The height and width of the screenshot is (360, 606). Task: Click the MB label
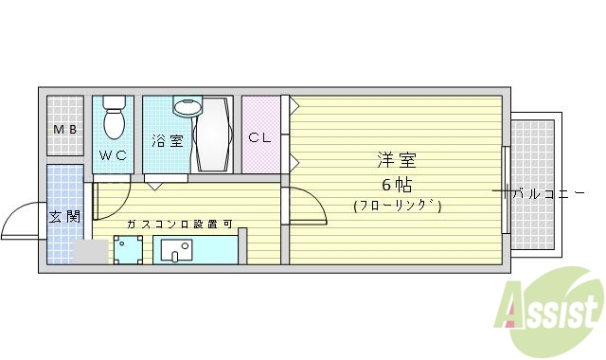(x=64, y=130)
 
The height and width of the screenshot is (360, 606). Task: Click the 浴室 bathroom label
(x=167, y=140)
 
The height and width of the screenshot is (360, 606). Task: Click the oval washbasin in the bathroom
(x=188, y=106)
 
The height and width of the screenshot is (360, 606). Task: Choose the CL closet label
(x=259, y=136)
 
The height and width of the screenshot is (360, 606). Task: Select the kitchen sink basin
(x=176, y=250)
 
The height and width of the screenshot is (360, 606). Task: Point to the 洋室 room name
(x=397, y=161)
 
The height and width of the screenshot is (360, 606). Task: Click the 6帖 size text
(x=397, y=184)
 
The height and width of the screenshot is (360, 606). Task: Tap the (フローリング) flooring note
(x=398, y=205)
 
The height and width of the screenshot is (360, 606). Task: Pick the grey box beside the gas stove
(x=91, y=252)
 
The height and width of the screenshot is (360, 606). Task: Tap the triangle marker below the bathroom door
(x=152, y=187)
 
